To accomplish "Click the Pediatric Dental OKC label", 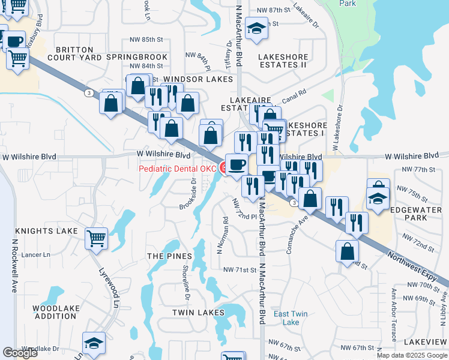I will point(178,169).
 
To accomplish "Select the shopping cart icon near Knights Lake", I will point(97,239).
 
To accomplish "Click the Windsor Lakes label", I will point(197,79).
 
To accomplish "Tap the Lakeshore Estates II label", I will point(282,61).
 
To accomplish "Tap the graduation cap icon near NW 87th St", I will point(257,29).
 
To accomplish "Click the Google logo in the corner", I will point(20,353).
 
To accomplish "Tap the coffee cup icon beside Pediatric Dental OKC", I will point(236,164).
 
